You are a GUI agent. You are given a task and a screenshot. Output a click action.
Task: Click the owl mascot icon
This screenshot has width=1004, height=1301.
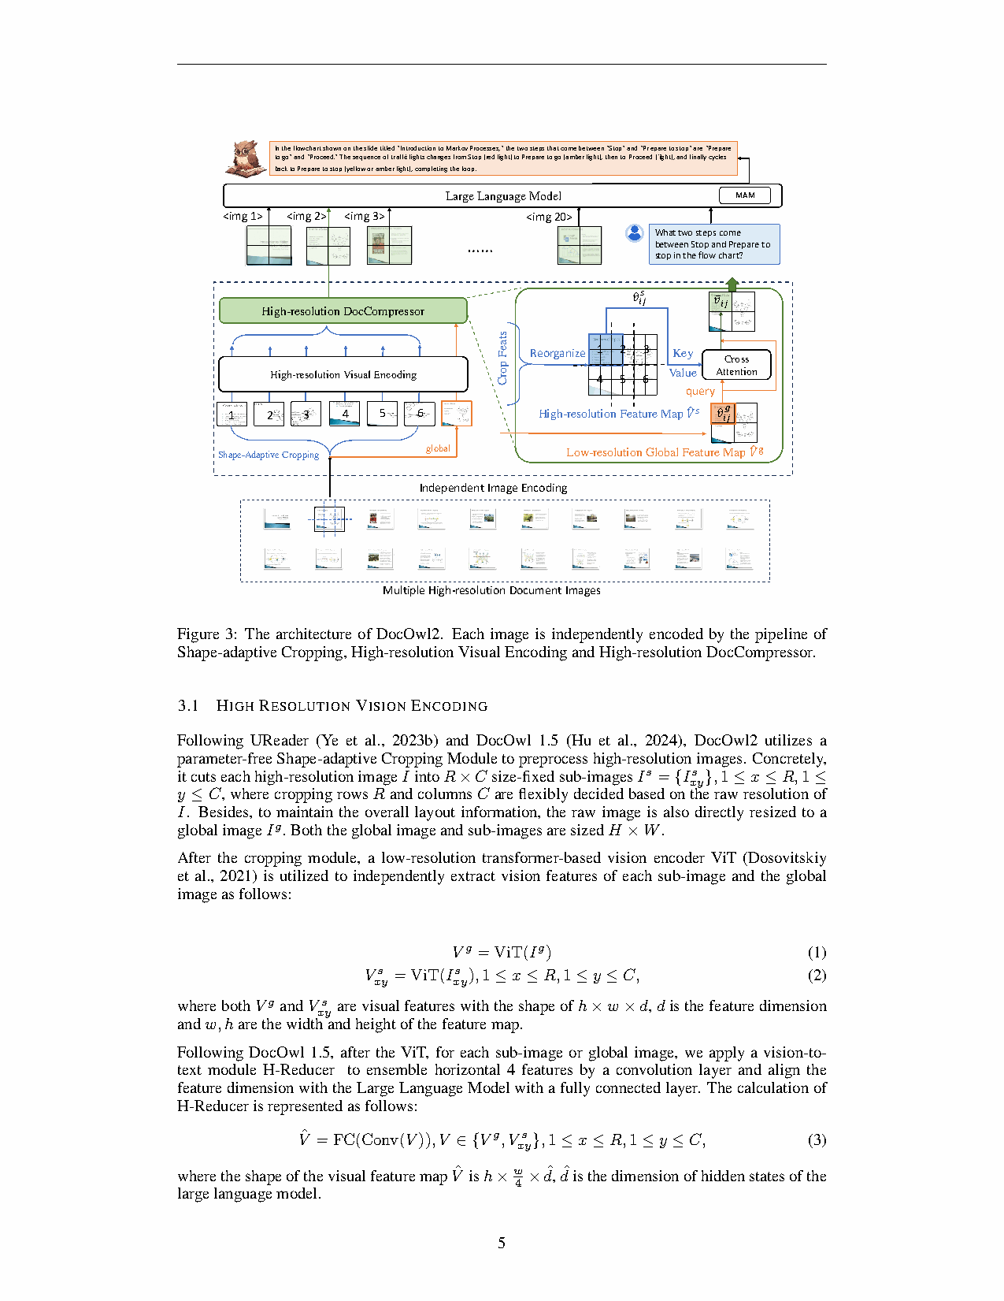(x=246, y=158)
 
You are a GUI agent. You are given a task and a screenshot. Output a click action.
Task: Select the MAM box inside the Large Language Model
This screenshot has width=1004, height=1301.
(x=745, y=195)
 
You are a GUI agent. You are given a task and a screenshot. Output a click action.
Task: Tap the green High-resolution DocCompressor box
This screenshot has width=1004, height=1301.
(x=343, y=311)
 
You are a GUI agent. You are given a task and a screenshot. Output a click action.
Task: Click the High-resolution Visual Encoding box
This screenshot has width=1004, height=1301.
(x=343, y=374)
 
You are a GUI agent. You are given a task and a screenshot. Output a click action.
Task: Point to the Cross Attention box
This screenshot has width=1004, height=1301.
(x=736, y=365)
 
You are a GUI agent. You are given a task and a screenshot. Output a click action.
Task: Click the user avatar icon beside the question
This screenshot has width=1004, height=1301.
(x=634, y=233)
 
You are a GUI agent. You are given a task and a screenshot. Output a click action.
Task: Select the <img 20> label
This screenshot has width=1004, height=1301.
(x=549, y=217)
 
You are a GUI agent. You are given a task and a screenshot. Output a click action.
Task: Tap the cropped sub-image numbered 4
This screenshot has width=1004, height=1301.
(x=345, y=414)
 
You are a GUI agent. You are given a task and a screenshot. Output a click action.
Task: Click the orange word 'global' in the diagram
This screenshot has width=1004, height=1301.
(x=438, y=448)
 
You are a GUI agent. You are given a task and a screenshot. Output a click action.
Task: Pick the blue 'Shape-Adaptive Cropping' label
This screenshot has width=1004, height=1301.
(x=269, y=455)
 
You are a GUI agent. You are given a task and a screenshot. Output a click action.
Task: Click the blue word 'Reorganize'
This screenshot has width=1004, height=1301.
(x=558, y=353)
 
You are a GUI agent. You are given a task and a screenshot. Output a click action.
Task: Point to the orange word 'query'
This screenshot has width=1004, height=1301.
(x=700, y=392)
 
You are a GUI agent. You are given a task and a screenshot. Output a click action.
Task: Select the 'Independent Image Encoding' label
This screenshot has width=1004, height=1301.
(x=493, y=488)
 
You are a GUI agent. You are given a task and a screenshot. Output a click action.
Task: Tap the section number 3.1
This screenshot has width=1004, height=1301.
(x=188, y=705)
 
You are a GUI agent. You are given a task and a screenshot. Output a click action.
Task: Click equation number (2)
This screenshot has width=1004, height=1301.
(x=817, y=976)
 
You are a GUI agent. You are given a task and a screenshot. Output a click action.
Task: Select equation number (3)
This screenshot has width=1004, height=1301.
(x=817, y=1139)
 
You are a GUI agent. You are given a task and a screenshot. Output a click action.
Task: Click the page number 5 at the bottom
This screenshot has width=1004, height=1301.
(x=502, y=1243)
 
